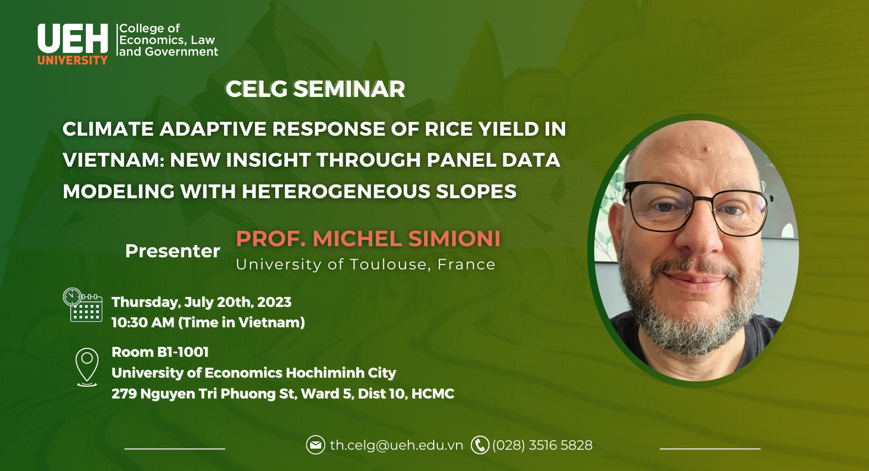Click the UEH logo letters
pyautogui.click(x=73, y=38)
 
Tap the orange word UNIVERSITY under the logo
pyautogui.click(x=73, y=60)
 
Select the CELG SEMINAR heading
pyautogui.click(x=315, y=89)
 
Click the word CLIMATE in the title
pyautogui.click(x=108, y=129)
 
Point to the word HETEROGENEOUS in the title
pyautogui.click(x=336, y=191)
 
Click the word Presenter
pyautogui.click(x=173, y=251)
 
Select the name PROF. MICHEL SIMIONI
pyautogui.click(x=368, y=238)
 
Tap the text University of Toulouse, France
pyautogui.click(x=365, y=265)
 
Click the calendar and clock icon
pyautogui.click(x=82, y=305)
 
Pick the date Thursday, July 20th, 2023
pyautogui.click(x=202, y=302)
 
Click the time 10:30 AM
pyautogui.click(x=143, y=322)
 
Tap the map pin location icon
pyautogui.click(x=87, y=367)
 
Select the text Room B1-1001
pyautogui.click(x=160, y=352)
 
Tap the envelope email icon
pyautogui.click(x=316, y=445)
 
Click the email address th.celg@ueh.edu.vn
pyautogui.click(x=396, y=445)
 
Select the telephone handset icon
pyautogui.click(x=480, y=445)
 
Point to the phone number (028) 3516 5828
pyautogui.click(x=542, y=445)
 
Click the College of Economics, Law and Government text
pyautogui.click(x=168, y=40)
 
